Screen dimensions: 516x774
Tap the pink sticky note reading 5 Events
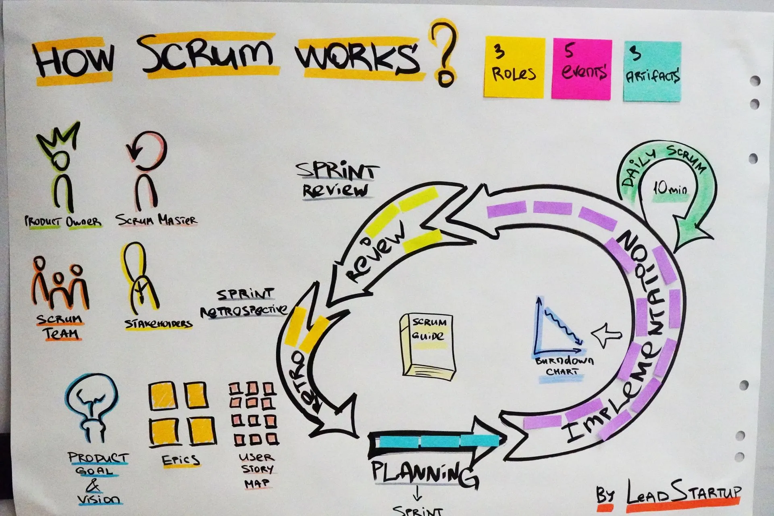point(581,69)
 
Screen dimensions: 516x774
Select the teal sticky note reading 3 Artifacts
point(652,71)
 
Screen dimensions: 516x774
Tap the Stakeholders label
point(158,324)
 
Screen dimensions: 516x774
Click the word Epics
point(180,460)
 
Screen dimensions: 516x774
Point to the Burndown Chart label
point(564,366)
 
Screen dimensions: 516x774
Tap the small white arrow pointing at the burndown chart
point(606,335)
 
